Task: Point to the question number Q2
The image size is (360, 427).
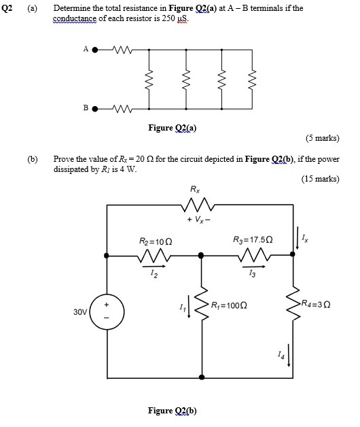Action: pyautogui.click(x=8, y=8)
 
